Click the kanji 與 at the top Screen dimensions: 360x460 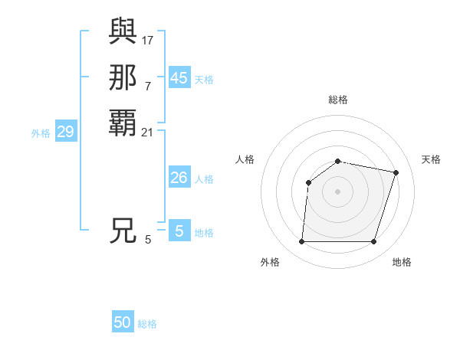tap(123, 31)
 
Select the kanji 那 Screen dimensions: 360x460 tap(123, 77)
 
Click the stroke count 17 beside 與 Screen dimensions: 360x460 tap(148, 39)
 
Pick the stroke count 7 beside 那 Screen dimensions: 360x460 tap(148, 86)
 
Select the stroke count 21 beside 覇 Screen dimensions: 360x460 tap(148, 133)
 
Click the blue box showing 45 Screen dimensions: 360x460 tap(179, 78)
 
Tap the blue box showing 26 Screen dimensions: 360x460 tap(179, 178)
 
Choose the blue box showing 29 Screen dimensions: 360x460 tap(66, 132)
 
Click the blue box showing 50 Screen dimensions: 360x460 tap(123, 323)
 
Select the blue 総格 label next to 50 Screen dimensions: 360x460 tap(147, 324)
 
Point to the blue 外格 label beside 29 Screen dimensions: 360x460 tap(41, 133)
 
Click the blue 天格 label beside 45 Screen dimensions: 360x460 tap(204, 79)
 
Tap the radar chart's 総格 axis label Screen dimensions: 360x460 tap(338, 100)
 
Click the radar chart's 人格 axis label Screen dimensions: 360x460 tap(245, 159)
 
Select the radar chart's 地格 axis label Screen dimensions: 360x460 tap(402, 262)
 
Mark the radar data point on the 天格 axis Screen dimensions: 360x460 tap(396, 172)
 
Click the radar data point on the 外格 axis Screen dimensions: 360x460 tap(302, 242)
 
